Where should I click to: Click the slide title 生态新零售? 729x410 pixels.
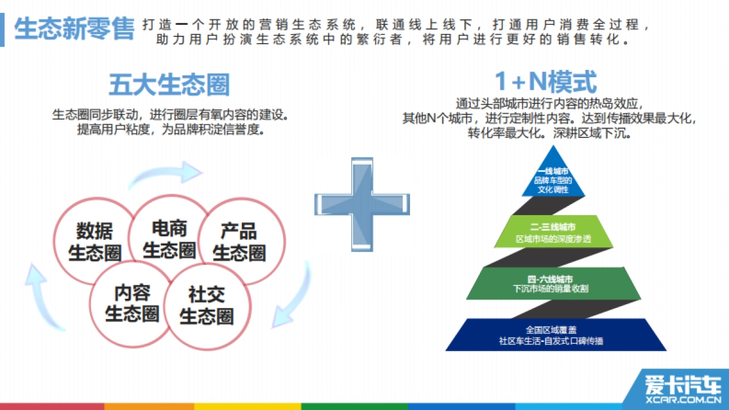74,29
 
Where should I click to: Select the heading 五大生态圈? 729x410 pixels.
169,84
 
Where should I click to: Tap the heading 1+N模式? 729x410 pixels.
546,82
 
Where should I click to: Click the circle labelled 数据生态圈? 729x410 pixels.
94,241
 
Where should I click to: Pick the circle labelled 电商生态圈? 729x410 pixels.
169,239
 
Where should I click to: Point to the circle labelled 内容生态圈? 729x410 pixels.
131,303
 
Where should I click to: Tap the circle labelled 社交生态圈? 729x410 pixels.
207,306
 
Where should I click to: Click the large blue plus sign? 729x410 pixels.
362,204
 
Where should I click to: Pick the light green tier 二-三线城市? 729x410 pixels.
552,231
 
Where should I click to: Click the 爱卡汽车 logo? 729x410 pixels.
683,385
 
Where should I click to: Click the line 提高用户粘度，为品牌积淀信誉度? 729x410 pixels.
170,130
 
